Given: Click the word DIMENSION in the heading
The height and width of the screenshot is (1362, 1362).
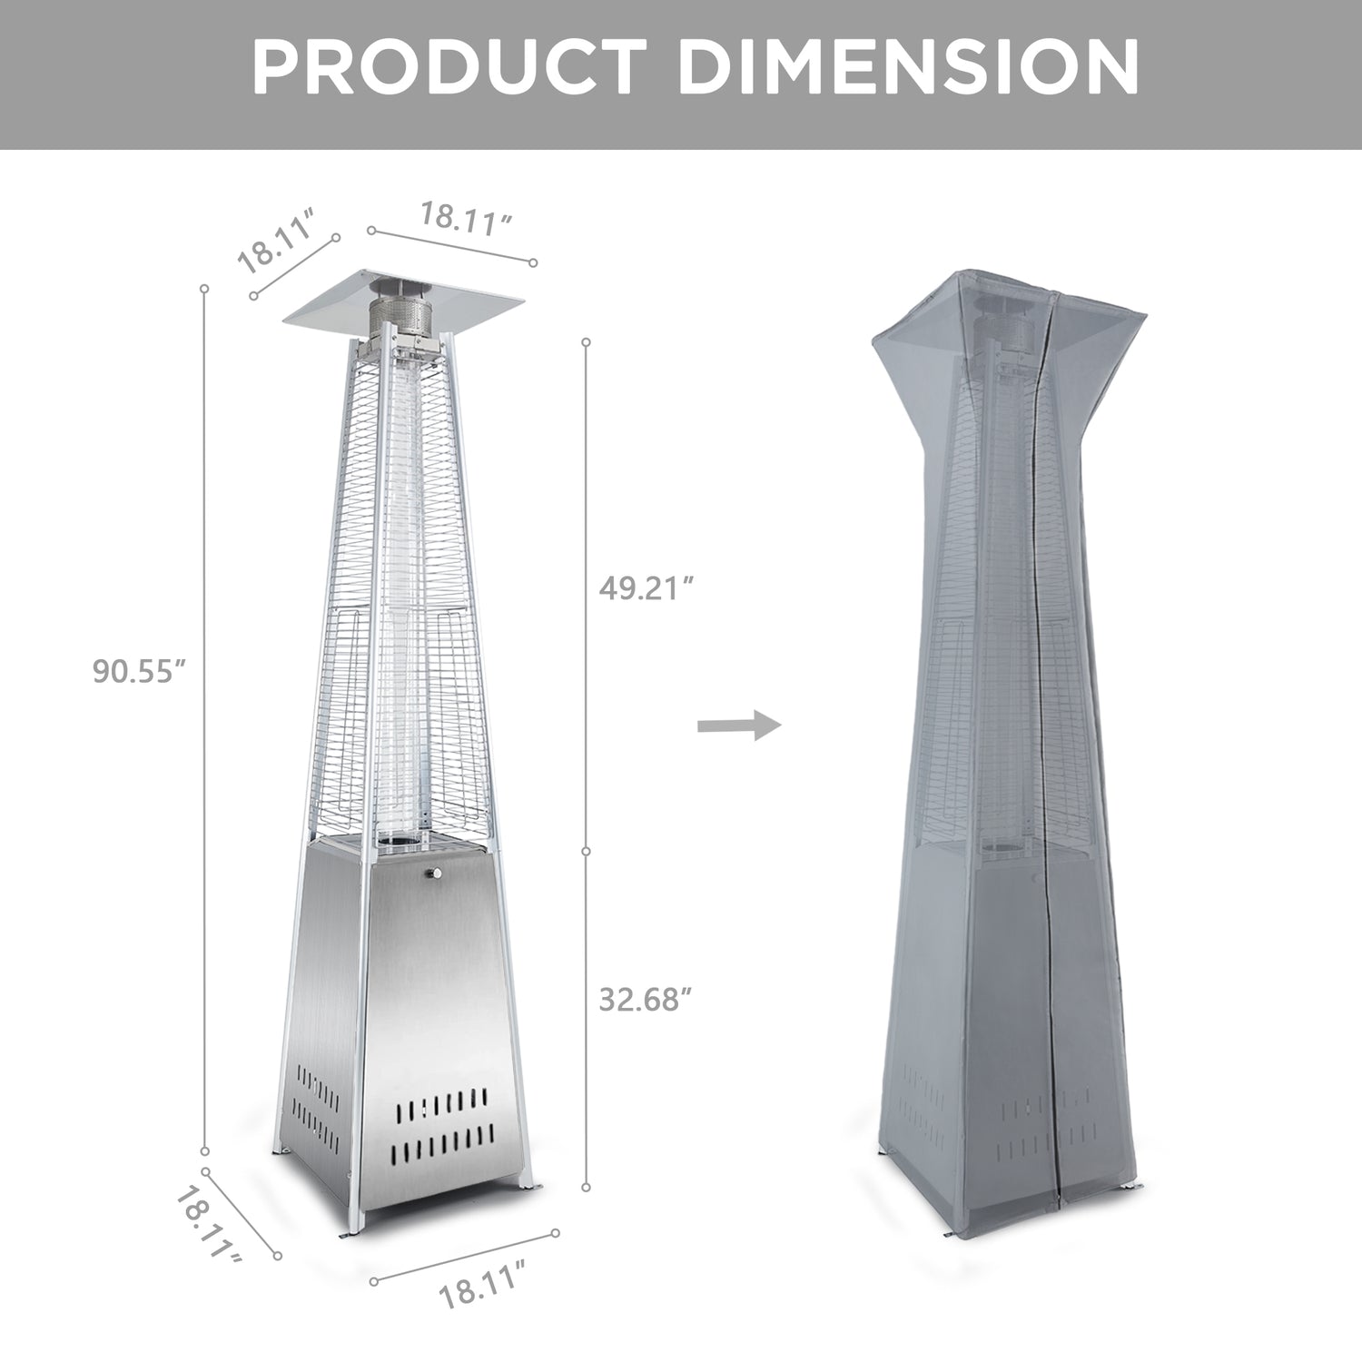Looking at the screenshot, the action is coord(912,67).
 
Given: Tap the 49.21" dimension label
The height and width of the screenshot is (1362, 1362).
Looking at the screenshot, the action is coord(646,588).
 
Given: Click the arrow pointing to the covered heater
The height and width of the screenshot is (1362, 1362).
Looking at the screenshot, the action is coord(739,726).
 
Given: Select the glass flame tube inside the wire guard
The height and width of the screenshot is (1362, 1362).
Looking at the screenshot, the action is coord(398,590).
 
